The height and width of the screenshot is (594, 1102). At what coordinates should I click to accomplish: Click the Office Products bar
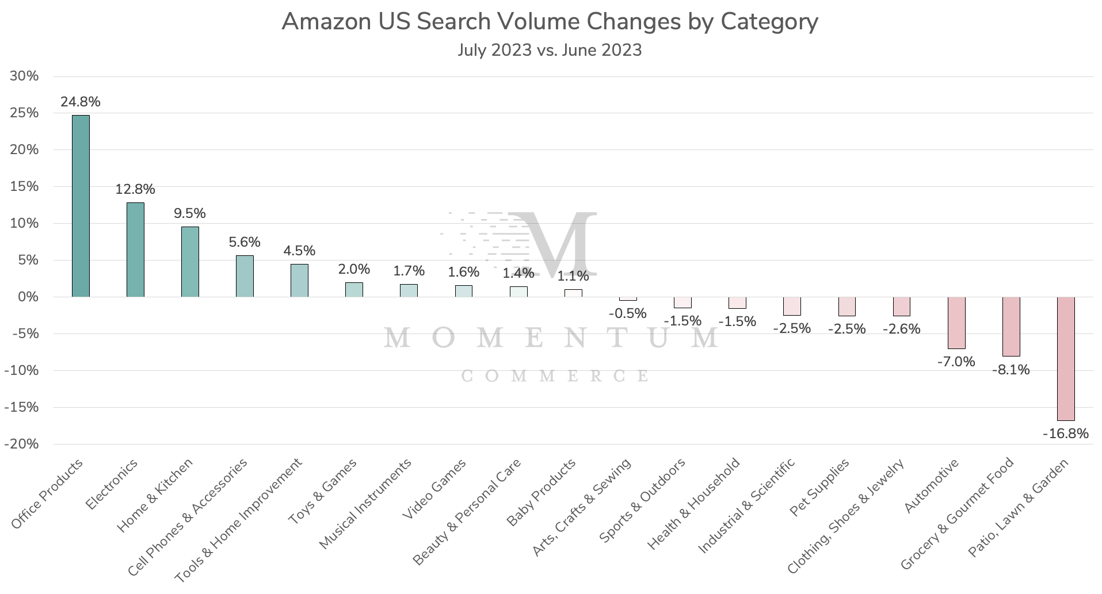click(81, 206)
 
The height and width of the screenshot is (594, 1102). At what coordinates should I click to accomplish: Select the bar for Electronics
click(135, 250)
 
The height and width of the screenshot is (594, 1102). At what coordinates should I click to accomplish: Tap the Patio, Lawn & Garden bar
click(1065, 358)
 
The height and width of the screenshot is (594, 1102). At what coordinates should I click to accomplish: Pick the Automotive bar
click(956, 323)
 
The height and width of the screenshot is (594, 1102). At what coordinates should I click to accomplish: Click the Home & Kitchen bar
click(190, 262)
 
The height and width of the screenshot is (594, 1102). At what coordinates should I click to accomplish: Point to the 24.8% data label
click(81, 102)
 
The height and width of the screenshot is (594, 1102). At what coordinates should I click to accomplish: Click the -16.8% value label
click(1065, 434)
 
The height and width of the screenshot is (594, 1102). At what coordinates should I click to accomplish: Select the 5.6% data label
click(245, 242)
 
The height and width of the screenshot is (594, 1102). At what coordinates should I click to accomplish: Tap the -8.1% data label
click(1011, 370)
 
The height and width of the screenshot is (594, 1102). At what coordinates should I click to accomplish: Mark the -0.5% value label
click(627, 313)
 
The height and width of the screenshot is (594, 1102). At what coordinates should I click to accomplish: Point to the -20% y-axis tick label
click(21, 444)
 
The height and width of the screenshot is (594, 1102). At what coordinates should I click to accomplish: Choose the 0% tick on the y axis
click(28, 297)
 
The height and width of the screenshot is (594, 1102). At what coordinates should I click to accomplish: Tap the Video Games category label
click(434, 489)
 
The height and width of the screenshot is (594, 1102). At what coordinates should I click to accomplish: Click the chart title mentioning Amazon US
click(550, 22)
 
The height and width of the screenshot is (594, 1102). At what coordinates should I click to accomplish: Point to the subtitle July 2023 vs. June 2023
click(550, 50)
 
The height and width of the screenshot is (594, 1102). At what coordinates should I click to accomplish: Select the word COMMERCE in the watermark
click(555, 376)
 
